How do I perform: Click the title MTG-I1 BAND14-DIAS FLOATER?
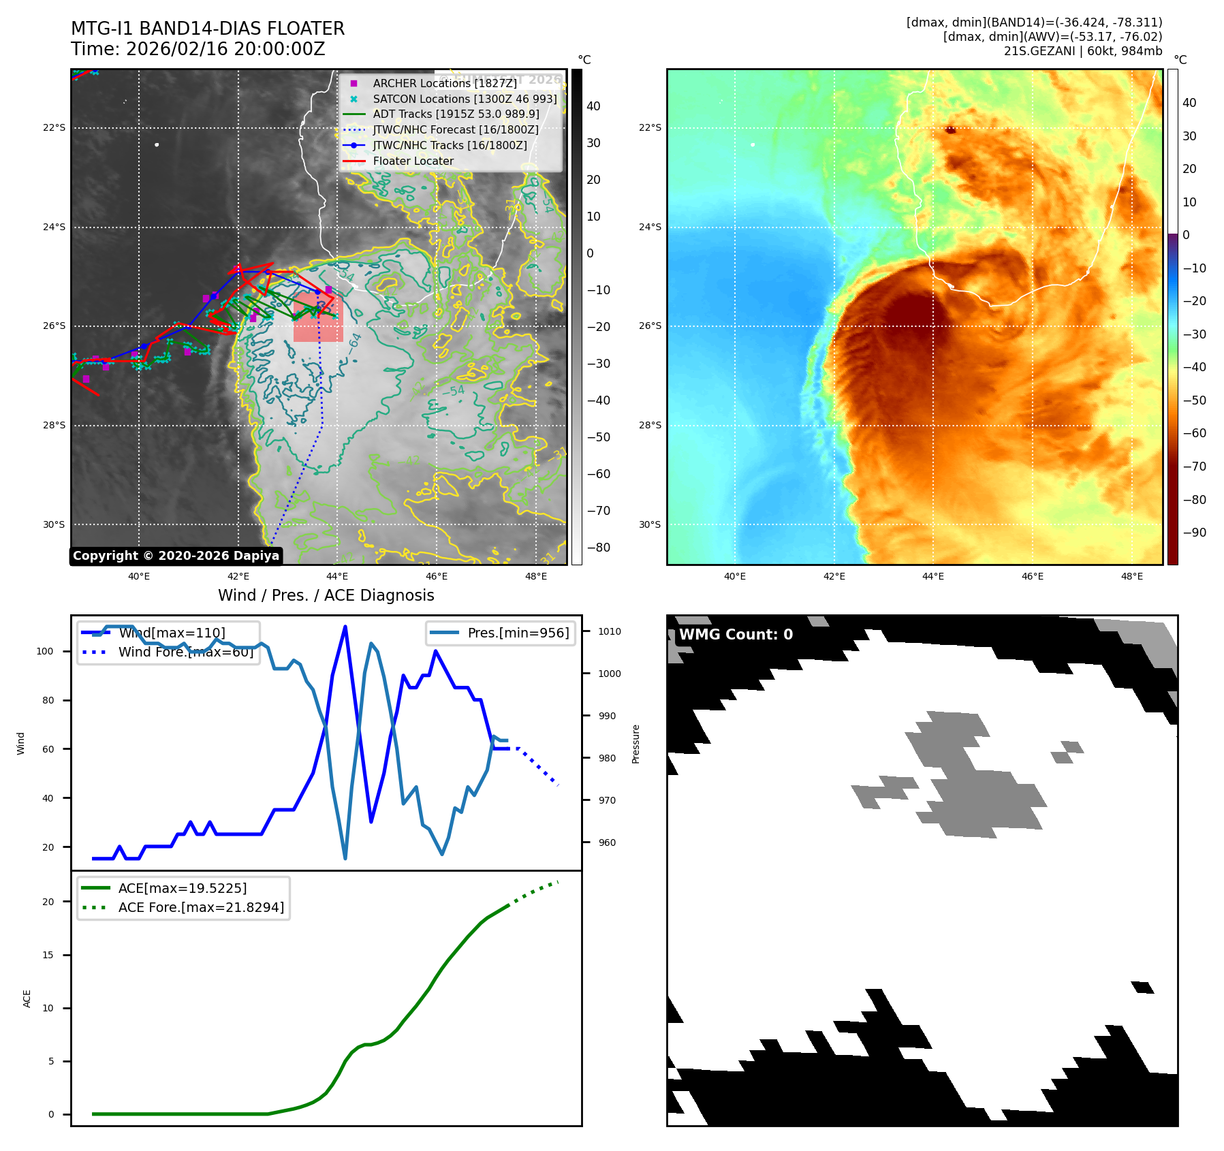208,29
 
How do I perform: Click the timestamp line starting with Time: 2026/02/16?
198,49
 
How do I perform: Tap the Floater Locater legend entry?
413,161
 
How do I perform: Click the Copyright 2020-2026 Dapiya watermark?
176,556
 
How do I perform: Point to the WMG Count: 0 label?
736,635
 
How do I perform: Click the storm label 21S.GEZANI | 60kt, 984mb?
1082,51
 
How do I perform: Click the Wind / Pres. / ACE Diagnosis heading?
326,595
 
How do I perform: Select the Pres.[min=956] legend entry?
518,633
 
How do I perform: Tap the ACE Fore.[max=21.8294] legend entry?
201,907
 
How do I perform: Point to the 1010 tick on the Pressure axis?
609,631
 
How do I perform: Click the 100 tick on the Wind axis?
45,651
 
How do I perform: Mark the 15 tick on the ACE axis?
48,955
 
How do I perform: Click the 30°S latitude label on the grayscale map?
54,524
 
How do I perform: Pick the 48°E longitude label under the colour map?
1131,577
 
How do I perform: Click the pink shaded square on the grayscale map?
318,317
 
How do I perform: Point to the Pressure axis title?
635,744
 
